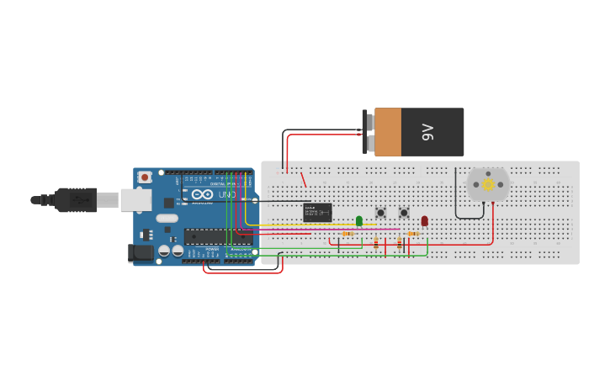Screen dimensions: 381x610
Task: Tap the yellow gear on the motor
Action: (x=488, y=184)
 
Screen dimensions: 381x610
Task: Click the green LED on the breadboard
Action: (x=359, y=220)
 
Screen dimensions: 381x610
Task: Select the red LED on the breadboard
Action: (x=424, y=220)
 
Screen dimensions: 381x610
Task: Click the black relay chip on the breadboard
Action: (x=317, y=212)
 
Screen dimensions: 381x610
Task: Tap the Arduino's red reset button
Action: (x=145, y=177)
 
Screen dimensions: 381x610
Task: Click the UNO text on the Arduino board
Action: (x=226, y=195)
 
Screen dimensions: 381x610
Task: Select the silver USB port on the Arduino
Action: (x=135, y=200)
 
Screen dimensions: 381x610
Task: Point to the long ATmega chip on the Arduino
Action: (x=216, y=236)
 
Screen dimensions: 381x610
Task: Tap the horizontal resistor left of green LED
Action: (x=347, y=234)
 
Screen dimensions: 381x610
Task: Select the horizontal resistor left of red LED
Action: (x=412, y=234)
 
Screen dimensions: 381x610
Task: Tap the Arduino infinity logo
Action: (x=202, y=194)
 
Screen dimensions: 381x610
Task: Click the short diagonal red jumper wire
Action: (x=303, y=178)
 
